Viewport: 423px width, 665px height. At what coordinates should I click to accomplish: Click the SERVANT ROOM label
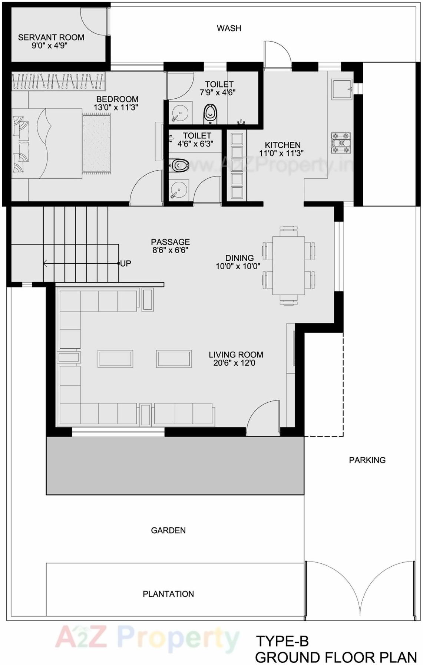pos(51,37)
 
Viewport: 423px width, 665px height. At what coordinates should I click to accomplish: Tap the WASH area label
pos(229,28)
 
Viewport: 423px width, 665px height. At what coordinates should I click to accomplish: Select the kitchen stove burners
pos(341,143)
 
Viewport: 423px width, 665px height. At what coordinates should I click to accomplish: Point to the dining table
pos(288,266)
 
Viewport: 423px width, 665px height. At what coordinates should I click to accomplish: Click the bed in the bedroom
pos(47,144)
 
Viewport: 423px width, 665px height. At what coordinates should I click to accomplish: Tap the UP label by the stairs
pos(126,263)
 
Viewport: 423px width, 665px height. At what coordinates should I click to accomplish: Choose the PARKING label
pos(367,460)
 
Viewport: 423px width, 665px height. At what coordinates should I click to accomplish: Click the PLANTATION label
pos(168,594)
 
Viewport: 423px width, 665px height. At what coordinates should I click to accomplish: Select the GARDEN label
pos(168,530)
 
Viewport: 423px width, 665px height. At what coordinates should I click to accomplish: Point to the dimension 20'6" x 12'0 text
pos(234,363)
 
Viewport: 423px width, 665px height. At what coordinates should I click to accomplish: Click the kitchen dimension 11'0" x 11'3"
pos(281,153)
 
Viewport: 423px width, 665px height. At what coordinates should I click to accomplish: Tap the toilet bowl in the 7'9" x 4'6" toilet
pos(210,113)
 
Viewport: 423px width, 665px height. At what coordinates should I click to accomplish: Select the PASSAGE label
pos(170,242)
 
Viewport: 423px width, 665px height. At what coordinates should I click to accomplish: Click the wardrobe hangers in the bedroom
pos(58,81)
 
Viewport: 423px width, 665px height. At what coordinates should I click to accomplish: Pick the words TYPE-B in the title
pos(282,641)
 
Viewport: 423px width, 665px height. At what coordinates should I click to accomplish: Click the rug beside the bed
pos(96,144)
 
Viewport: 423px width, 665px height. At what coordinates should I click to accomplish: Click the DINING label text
pos(239,258)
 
